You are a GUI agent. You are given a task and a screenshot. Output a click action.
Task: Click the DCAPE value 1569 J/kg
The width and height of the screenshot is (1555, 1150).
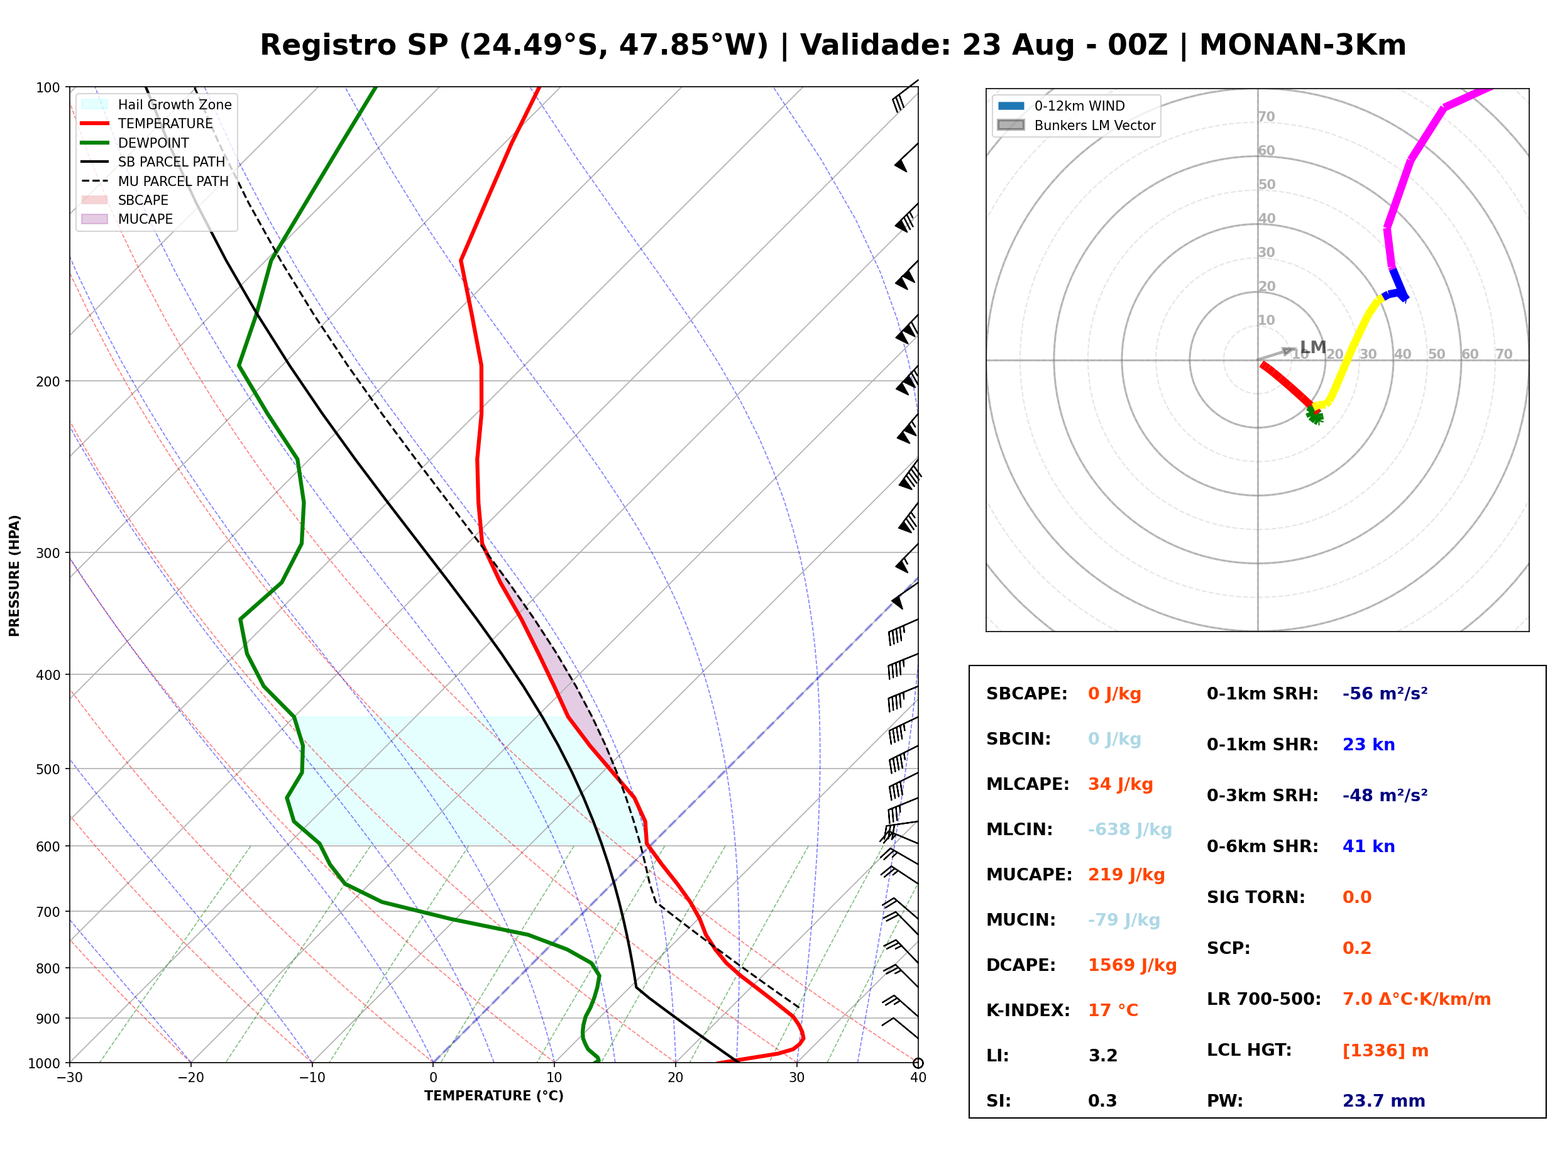(1132, 965)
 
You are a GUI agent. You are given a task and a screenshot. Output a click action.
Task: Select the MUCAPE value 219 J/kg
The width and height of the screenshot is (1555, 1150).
(1126, 875)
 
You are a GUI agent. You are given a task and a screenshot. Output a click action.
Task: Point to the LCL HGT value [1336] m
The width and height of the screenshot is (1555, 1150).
(1385, 1051)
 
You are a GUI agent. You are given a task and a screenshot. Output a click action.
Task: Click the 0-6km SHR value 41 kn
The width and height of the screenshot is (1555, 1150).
(1368, 846)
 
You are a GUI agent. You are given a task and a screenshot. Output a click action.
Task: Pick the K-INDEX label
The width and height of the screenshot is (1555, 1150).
(1028, 1010)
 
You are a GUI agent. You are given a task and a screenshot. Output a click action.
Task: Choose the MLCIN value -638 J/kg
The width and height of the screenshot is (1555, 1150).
(1129, 830)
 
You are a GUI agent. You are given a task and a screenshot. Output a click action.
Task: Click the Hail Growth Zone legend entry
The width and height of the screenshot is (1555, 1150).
(157, 104)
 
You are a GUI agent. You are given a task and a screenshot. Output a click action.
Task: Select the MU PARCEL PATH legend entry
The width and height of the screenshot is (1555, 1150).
(155, 181)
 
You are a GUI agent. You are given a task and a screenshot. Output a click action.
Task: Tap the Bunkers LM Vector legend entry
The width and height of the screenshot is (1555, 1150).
(1076, 125)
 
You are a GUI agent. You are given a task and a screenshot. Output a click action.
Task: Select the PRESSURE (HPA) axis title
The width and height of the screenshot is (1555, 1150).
(14, 576)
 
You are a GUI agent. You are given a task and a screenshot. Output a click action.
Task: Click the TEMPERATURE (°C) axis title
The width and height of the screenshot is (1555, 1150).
(494, 1097)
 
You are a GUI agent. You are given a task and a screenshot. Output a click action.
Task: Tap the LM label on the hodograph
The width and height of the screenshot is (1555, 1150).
(1313, 347)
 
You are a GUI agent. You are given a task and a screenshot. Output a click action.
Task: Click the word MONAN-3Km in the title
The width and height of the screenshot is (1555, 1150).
(1302, 45)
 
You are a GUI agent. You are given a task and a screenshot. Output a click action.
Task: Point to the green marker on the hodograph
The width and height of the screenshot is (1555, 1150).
(1314, 415)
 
